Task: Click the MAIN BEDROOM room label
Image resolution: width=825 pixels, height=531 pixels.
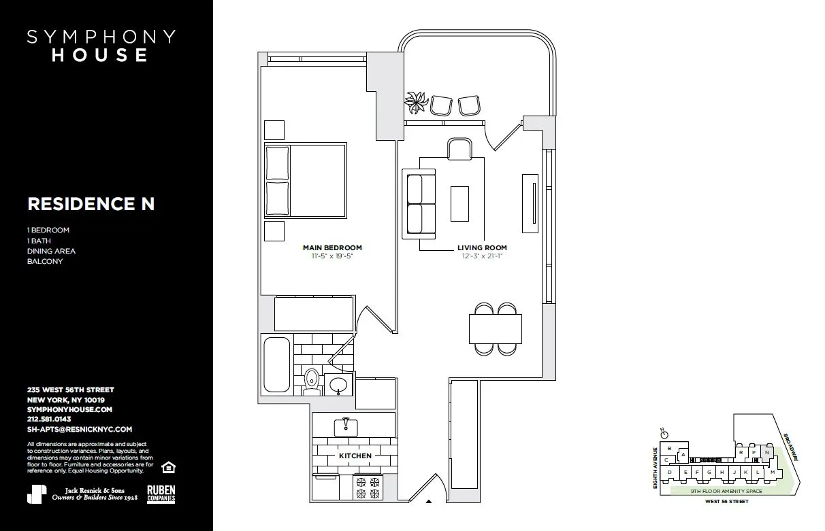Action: coord(332,248)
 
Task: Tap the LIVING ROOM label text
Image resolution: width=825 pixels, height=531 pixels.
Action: coord(482,248)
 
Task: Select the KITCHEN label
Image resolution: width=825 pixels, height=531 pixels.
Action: coord(355,456)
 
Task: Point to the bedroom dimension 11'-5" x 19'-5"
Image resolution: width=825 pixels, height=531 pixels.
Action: coord(332,257)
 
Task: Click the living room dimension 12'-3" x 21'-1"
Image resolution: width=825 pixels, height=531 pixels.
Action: coord(482,257)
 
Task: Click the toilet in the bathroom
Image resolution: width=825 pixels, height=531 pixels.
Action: coord(312,381)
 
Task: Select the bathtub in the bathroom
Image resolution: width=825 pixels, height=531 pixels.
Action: coord(276,364)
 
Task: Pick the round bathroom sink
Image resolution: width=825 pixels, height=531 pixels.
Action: coord(338,386)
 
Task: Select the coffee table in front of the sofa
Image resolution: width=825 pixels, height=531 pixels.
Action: coord(459,203)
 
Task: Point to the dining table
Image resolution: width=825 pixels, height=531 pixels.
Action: coord(496,329)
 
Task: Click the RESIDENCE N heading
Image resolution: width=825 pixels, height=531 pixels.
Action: coord(91,204)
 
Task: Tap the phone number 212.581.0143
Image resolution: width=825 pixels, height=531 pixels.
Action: coord(49,419)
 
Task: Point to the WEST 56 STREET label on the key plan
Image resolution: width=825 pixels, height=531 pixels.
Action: coord(726,501)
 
